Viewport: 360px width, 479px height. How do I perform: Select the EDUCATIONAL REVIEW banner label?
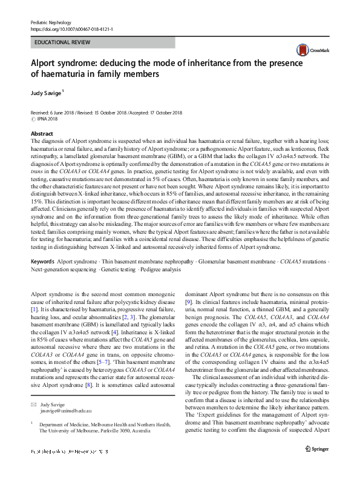(x=63, y=42)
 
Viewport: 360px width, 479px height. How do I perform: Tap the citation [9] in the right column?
(x=189, y=301)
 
